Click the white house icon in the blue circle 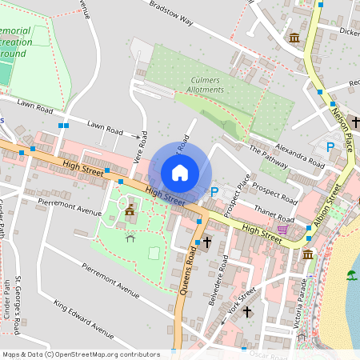pyautogui.click(x=180, y=173)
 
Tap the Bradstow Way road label pyautogui.click(x=172, y=16)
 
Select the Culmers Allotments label pyautogui.click(x=206, y=85)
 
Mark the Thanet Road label pyautogui.click(x=274, y=214)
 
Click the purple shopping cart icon pyautogui.click(x=282, y=230)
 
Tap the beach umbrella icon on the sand pyautogui.click(x=351, y=275)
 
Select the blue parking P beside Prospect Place pyautogui.click(x=214, y=192)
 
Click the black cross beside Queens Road pyautogui.click(x=206, y=242)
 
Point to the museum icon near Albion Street pyautogui.click(x=308, y=254)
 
